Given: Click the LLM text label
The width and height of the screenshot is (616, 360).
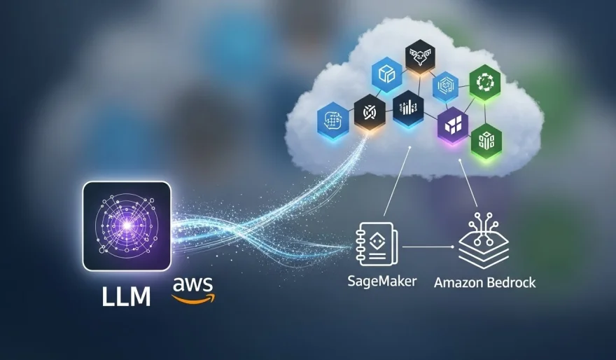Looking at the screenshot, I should [127, 297].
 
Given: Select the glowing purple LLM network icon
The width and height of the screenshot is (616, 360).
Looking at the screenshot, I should [127, 226].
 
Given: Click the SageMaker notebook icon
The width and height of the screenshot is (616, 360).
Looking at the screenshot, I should [377, 244].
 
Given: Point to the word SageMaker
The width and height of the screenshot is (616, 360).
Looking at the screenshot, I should [381, 282].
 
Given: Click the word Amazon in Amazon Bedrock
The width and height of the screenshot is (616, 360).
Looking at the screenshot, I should [461, 283].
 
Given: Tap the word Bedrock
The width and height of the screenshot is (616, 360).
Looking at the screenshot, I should [513, 283].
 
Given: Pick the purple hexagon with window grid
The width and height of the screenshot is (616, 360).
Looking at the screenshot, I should [452, 126].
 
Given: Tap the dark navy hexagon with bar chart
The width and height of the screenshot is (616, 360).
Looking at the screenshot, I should [407, 108].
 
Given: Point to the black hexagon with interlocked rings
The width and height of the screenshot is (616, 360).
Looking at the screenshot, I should [369, 113].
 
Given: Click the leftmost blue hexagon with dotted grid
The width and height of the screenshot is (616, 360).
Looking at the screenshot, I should [332, 119].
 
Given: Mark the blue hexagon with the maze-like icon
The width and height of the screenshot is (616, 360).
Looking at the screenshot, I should [445, 88].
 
